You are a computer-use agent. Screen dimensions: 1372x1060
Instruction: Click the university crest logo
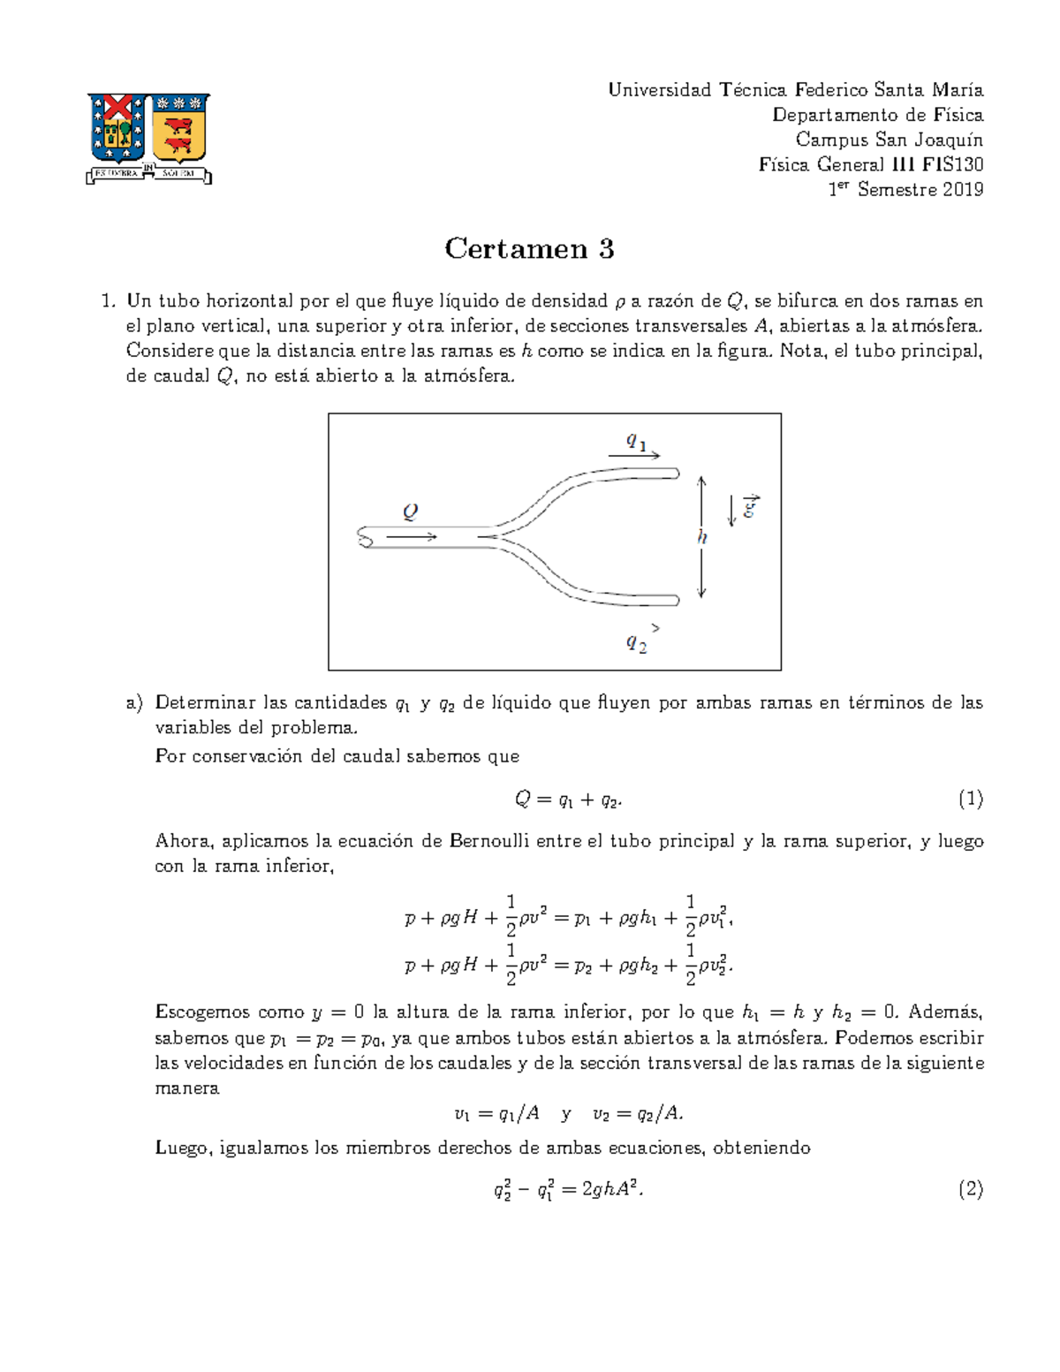point(148,137)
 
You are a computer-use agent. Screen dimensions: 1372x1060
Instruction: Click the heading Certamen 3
point(529,248)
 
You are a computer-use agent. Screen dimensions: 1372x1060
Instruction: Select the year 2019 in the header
point(962,189)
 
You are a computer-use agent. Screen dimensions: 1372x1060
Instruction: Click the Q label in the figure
point(410,512)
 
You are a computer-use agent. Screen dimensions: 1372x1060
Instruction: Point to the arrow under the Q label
point(412,536)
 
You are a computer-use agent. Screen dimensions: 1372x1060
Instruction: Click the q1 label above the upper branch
point(636,440)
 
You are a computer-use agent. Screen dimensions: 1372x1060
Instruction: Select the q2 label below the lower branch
point(636,643)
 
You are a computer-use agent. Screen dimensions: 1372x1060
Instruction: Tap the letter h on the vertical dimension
point(702,537)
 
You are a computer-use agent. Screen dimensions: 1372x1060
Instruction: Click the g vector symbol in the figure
point(750,507)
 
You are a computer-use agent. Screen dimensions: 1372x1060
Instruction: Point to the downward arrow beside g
point(731,511)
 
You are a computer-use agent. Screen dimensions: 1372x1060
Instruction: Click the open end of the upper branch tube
point(677,474)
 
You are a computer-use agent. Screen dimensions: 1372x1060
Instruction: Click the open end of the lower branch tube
point(677,601)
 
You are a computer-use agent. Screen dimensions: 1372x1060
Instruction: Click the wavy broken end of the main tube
point(365,536)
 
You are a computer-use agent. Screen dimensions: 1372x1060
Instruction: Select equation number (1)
point(970,800)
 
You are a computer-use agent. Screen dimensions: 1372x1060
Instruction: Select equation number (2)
point(970,1189)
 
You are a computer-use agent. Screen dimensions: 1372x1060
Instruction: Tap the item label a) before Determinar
point(133,703)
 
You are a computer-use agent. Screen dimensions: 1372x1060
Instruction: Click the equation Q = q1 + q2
point(568,800)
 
